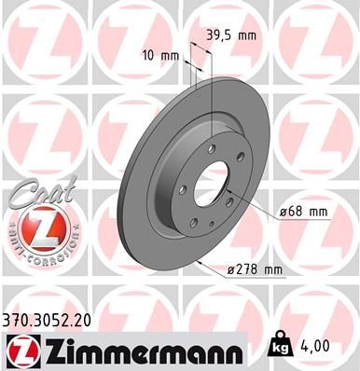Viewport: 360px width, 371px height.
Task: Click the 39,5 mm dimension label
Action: click(x=228, y=34)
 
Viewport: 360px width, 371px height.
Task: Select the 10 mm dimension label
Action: click(x=161, y=55)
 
